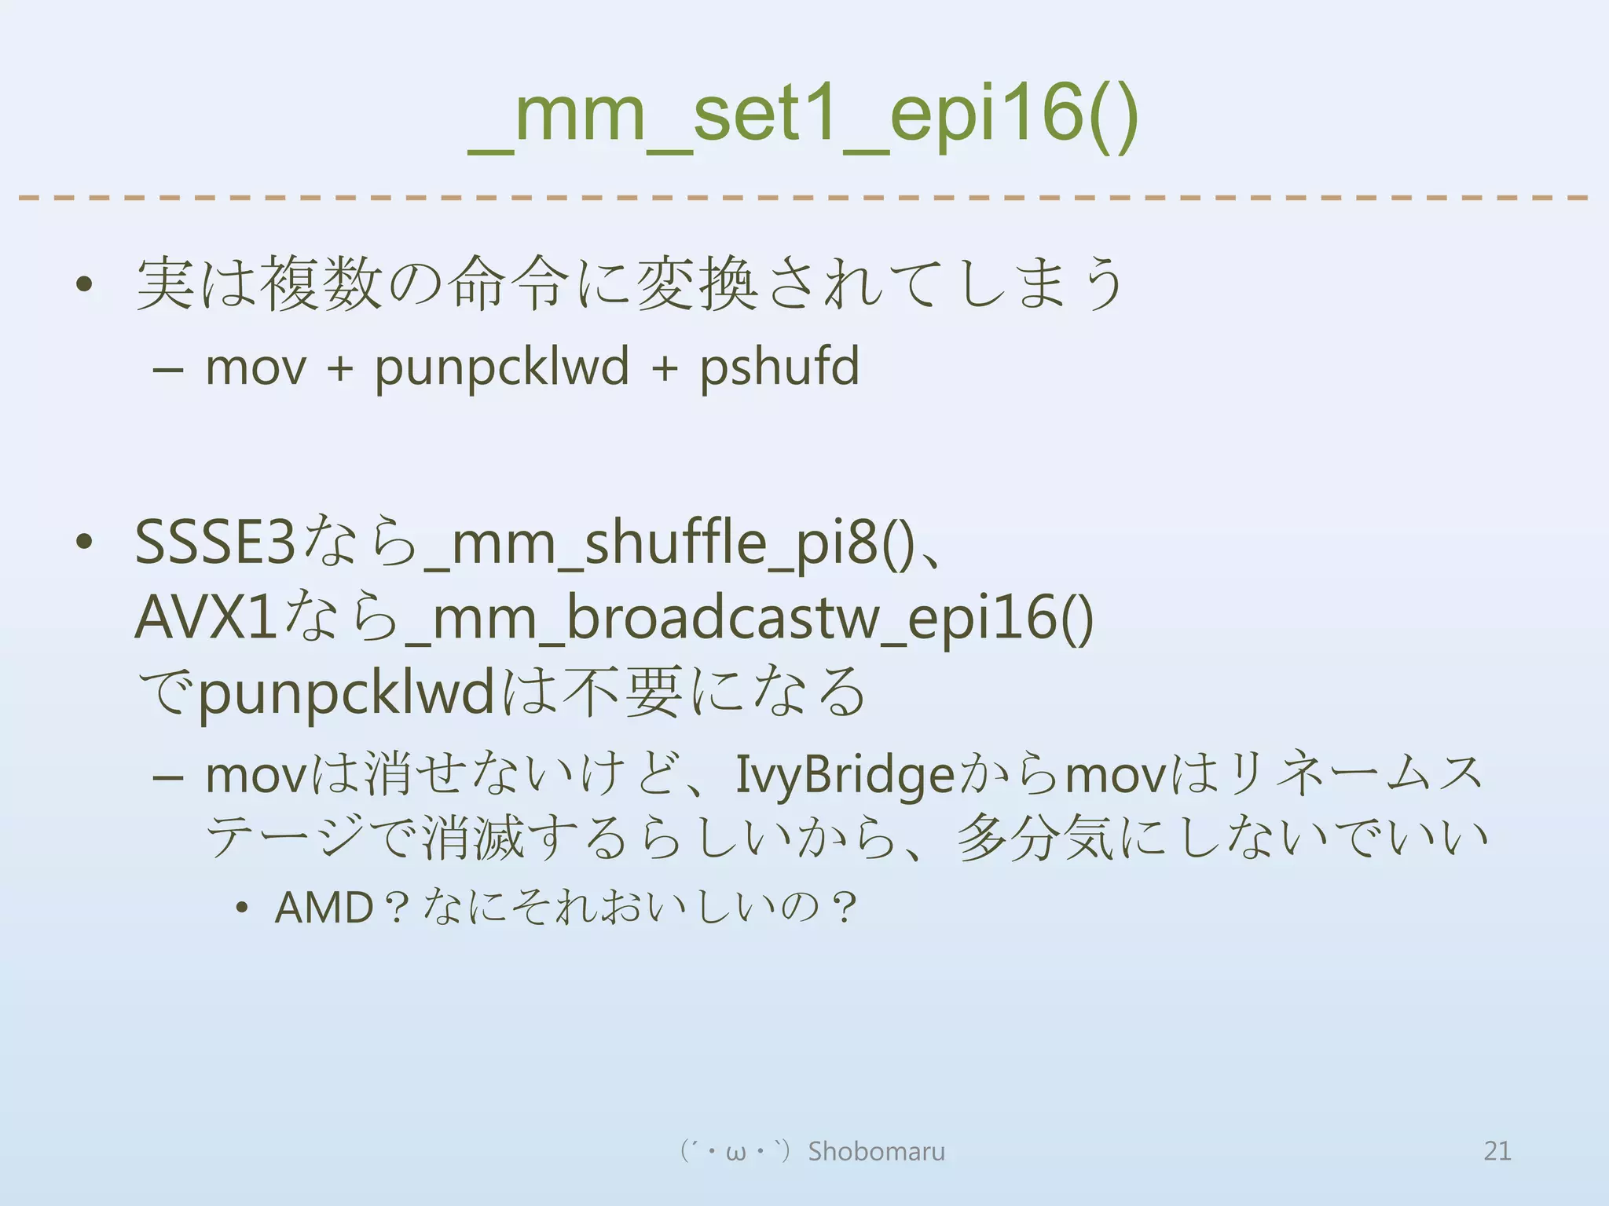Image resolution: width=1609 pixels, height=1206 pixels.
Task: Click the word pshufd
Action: click(779, 367)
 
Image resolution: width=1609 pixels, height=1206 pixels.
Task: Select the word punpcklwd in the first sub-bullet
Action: click(502, 367)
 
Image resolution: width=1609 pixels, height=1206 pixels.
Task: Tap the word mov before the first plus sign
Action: click(255, 367)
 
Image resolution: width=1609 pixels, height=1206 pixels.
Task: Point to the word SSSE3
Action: click(214, 543)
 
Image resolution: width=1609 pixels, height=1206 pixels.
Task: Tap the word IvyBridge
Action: click(845, 775)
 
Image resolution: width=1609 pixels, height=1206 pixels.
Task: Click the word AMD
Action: click(324, 908)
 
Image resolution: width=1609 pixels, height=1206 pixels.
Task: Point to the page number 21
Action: click(1497, 1151)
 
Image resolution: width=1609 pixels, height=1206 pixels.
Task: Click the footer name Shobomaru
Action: click(877, 1151)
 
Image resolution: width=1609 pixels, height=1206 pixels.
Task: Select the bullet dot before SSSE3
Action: click(85, 542)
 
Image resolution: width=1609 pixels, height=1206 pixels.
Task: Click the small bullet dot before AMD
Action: click(242, 909)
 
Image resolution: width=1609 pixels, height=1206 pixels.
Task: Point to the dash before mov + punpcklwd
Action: click(168, 367)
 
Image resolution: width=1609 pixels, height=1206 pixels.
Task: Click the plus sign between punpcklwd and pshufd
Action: click(665, 367)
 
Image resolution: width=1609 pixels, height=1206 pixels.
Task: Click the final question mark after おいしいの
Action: click(845, 908)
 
